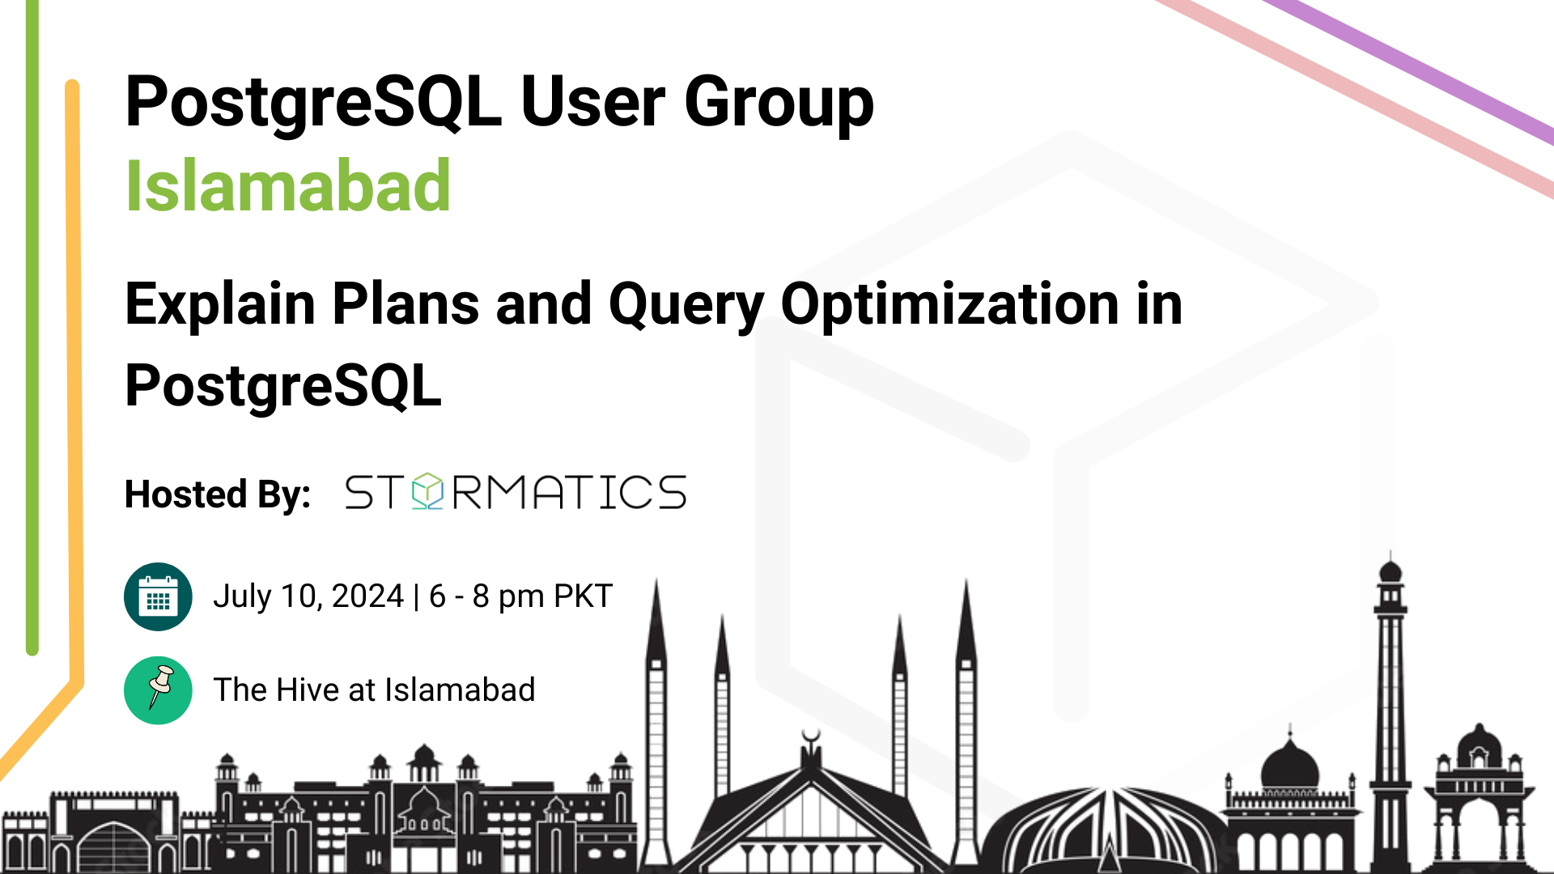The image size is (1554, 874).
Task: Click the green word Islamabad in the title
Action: pos(287,186)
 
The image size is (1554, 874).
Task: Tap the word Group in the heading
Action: pos(779,103)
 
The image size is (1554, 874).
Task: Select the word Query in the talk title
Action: pos(686,306)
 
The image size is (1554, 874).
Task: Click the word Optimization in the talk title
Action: pos(949,305)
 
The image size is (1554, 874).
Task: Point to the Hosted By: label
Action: pos(218,494)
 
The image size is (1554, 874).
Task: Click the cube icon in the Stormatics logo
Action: pos(427,491)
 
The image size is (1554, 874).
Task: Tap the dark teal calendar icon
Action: pos(158,596)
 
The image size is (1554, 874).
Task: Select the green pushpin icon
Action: pos(158,690)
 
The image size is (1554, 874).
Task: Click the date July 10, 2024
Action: pos(308,596)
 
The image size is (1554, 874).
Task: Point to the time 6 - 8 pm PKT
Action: pos(521,596)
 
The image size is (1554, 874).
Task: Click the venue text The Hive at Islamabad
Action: pos(374,690)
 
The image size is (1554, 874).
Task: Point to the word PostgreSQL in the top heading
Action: pos(313,103)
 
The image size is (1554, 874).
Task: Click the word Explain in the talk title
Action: pos(220,306)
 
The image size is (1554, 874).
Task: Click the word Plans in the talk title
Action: pos(406,305)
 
